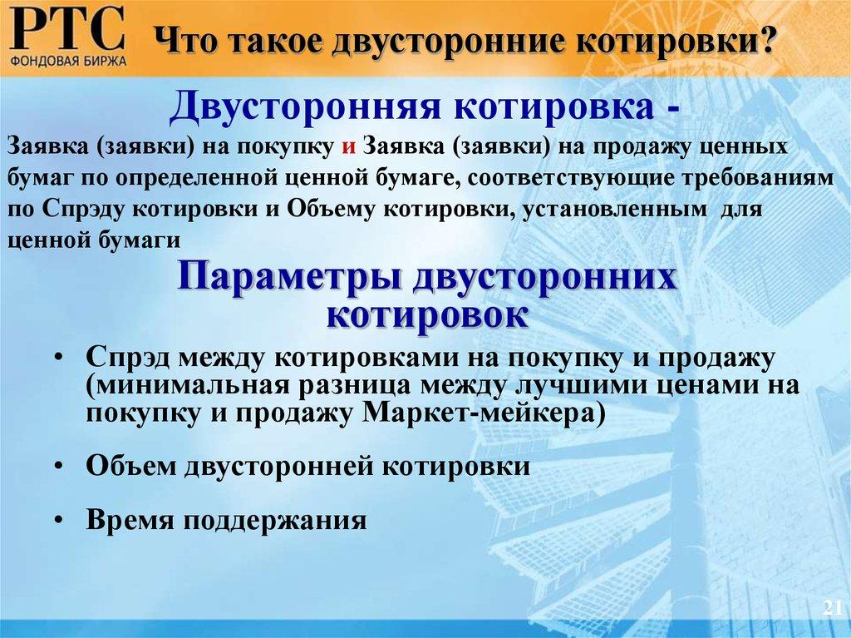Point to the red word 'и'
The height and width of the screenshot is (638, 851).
coord(349,146)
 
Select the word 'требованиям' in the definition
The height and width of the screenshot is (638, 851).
coord(745,177)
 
